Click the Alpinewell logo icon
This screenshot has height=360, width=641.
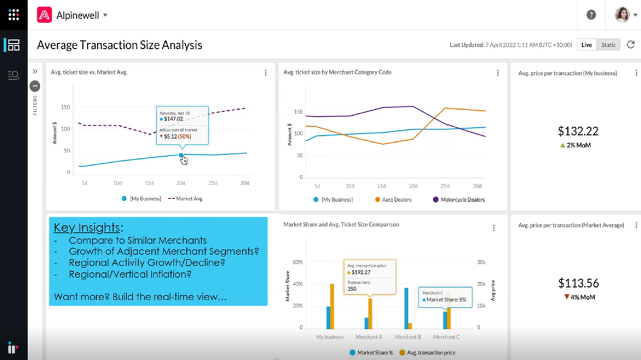coord(44,15)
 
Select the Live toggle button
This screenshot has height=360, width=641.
coord(586,45)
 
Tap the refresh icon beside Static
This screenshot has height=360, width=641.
coord(631,45)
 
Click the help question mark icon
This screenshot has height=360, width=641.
coord(591,15)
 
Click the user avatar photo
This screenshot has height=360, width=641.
coord(622,15)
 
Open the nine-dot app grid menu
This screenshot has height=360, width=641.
coord(13,15)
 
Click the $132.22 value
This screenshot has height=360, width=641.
coord(578,131)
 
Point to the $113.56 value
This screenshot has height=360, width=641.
coord(578,283)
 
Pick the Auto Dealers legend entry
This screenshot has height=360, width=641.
coord(393,200)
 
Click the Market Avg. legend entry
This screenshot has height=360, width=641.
coord(186,199)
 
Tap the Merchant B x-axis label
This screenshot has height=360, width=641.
coord(408,337)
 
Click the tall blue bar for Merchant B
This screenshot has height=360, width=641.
coord(406,308)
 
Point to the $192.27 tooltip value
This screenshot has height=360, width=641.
coord(361,272)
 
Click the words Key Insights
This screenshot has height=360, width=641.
coord(86,228)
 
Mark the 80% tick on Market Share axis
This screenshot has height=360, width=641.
coord(298,263)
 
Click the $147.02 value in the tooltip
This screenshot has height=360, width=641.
coord(173,119)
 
